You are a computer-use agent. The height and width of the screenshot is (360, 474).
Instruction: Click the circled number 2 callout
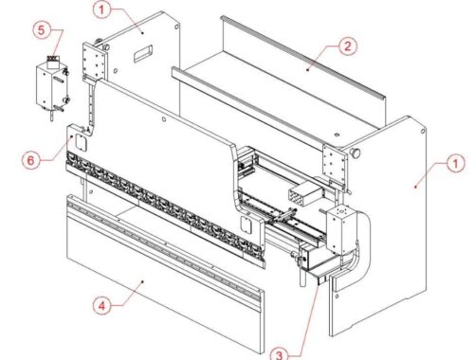point(348,46)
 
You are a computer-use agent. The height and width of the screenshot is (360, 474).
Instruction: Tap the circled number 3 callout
point(279,354)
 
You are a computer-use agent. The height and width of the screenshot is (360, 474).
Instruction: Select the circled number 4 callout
point(101,306)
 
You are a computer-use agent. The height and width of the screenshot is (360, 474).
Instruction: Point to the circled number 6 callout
point(30,160)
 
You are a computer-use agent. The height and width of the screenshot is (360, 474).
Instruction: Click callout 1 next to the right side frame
point(455,163)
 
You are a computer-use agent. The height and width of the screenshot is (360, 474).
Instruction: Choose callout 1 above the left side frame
point(101,9)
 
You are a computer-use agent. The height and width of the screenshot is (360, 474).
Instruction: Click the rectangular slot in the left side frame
point(143,53)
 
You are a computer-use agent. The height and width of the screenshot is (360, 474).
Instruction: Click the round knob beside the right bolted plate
point(355,153)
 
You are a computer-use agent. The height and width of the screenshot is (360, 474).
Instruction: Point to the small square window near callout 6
point(81,141)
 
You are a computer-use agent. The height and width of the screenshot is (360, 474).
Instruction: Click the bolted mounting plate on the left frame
point(94,61)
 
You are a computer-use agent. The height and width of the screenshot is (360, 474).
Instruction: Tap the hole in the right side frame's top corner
point(423,131)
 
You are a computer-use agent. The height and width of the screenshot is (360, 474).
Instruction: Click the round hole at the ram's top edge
point(164,119)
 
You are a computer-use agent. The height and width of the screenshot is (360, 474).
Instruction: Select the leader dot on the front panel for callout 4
point(143,280)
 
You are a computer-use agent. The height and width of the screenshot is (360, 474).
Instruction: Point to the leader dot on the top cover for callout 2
point(308,70)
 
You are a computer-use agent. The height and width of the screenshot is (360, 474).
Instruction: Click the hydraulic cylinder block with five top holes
point(341,230)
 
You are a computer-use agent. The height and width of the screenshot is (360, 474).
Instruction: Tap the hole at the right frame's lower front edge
point(337,297)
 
